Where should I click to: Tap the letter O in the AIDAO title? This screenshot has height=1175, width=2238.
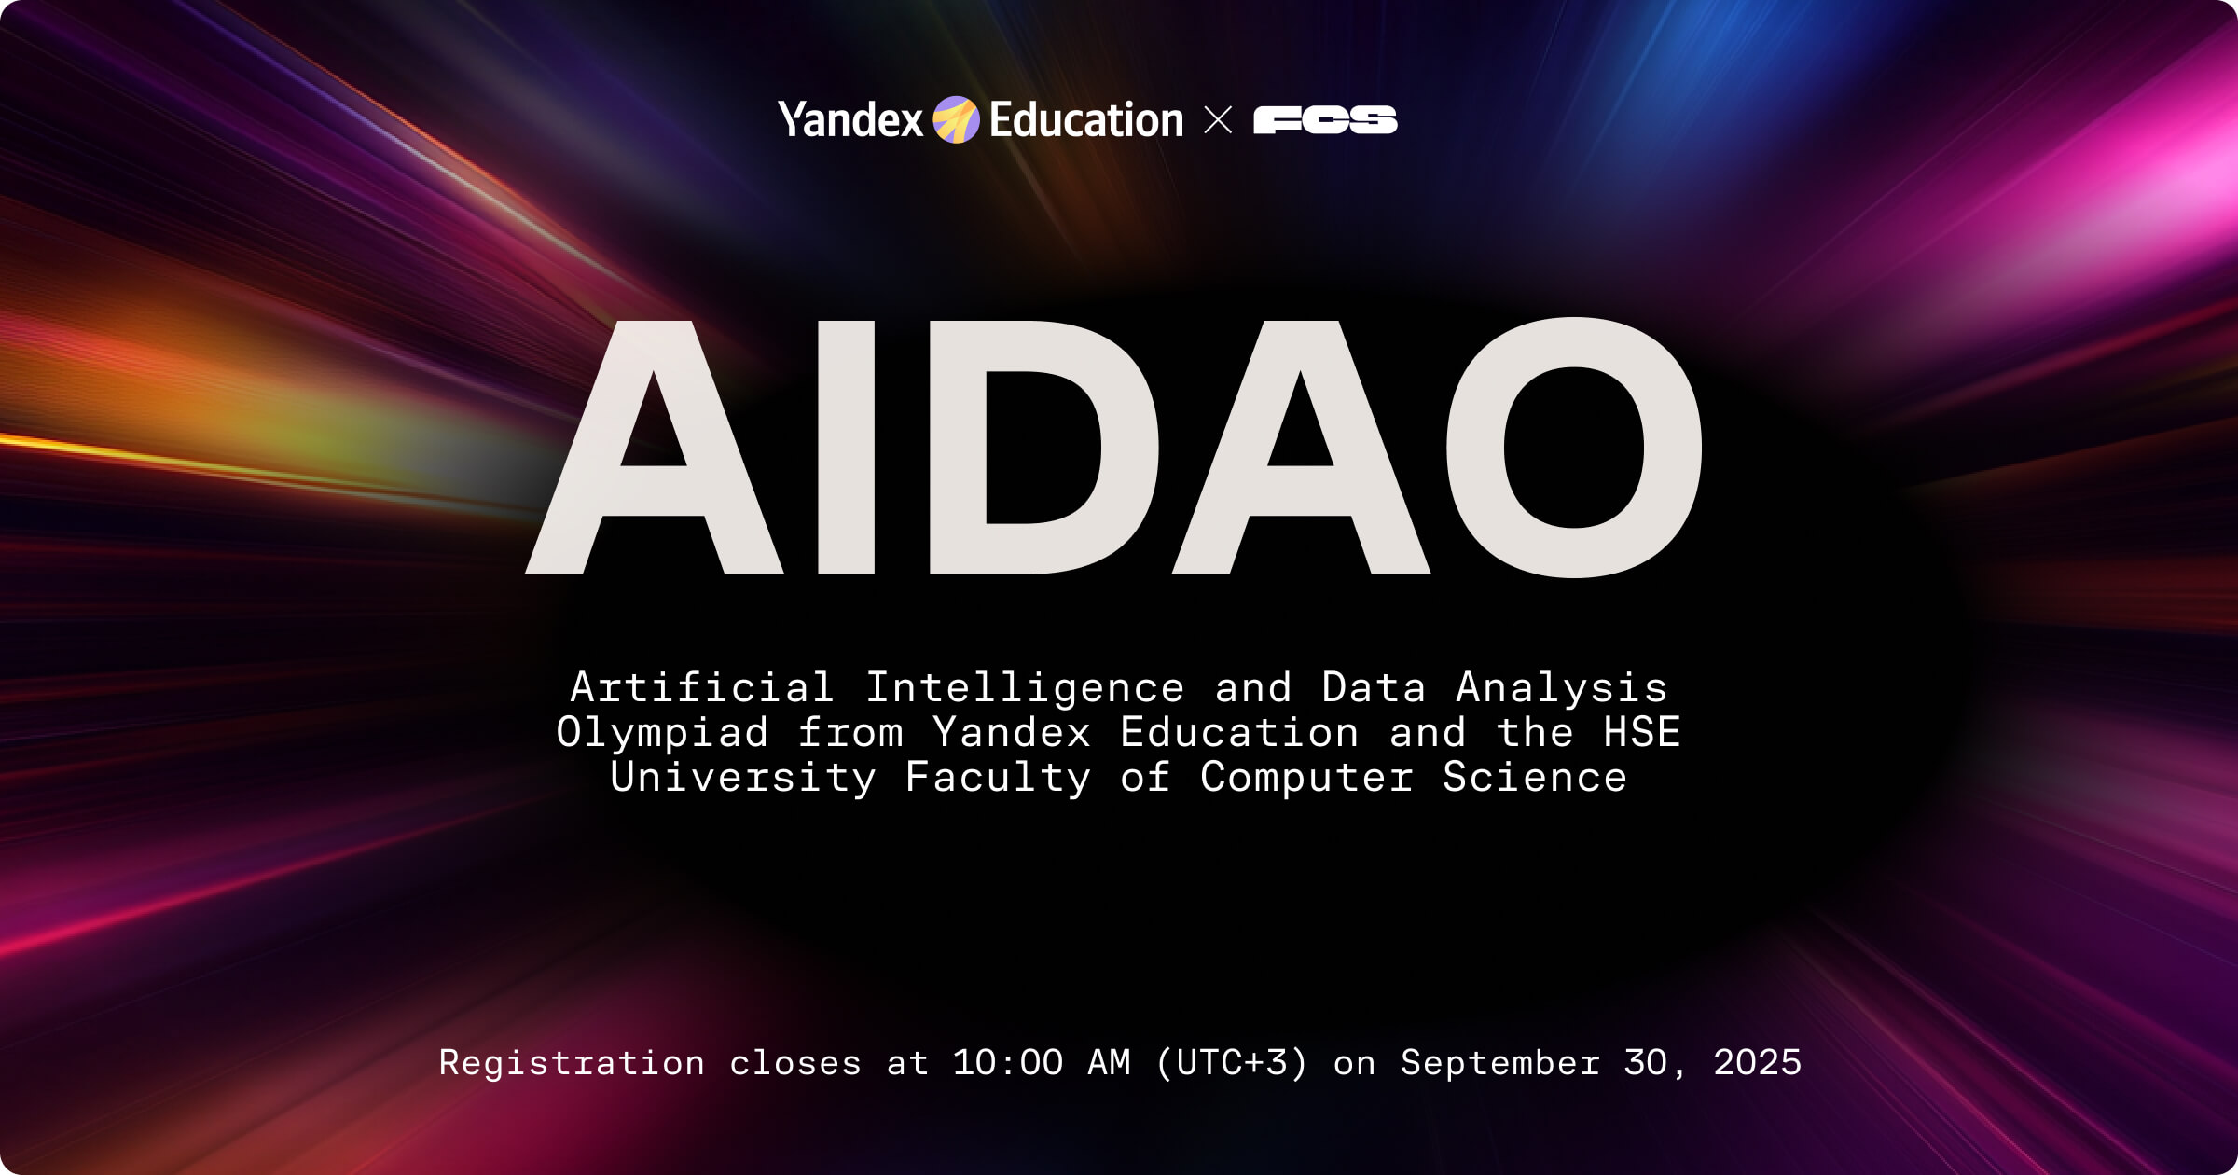tap(1574, 448)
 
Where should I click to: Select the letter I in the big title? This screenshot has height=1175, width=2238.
tap(846, 448)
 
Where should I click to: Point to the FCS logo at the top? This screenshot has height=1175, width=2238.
tap(1324, 120)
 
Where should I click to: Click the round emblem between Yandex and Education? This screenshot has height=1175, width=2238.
tap(956, 120)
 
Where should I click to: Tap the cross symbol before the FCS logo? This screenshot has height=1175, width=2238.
tap(1218, 120)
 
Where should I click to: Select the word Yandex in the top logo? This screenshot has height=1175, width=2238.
tap(850, 120)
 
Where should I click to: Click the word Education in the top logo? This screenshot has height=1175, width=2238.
tap(1086, 120)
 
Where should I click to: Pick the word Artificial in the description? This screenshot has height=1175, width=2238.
tap(701, 688)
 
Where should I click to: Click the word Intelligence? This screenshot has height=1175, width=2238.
tap(1025, 688)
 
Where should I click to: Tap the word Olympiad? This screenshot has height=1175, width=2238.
tap(662, 733)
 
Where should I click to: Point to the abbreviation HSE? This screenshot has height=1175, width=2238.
tap(1641, 733)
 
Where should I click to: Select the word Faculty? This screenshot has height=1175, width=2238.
tap(998, 778)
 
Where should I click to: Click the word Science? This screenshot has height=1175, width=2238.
tap(1535, 778)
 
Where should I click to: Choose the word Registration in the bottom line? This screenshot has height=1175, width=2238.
tap(572, 1063)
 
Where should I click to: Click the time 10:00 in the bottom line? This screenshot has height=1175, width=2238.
tap(1007, 1063)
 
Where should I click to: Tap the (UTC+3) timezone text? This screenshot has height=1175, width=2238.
tap(1232, 1063)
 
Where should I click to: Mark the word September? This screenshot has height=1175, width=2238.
tap(1500, 1063)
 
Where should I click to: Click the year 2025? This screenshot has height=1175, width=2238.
tap(1757, 1063)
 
